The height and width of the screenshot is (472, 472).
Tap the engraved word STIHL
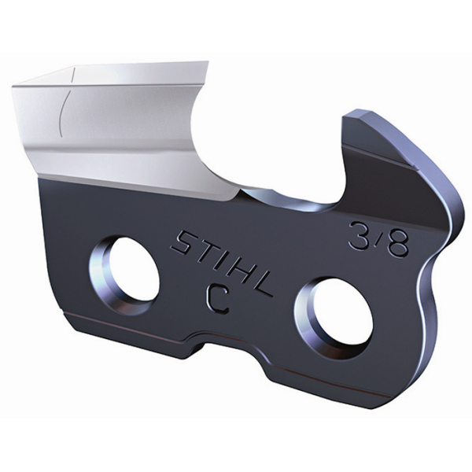coord(222,263)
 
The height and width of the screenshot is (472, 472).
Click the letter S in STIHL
coord(183,242)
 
